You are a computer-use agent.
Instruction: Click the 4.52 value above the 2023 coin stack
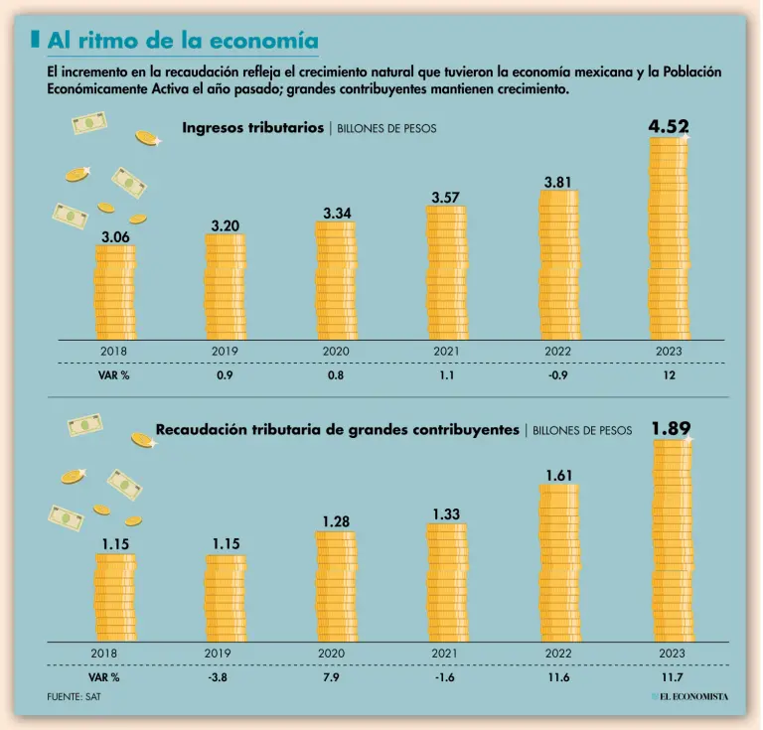[668, 126]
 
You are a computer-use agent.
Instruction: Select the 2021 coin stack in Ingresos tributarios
[446, 273]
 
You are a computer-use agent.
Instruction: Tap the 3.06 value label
[115, 237]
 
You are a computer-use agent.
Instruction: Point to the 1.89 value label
[671, 428]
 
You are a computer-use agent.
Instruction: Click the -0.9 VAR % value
[558, 376]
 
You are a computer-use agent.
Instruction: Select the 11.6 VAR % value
[558, 677]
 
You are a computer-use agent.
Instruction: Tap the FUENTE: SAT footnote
[74, 696]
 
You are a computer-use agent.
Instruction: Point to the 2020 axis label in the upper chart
[336, 351]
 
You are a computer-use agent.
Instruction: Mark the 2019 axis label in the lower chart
[219, 653]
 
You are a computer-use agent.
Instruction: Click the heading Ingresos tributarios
[252, 127]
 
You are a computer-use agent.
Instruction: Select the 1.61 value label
[558, 475]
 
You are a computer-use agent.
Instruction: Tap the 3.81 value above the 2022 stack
[558, 182]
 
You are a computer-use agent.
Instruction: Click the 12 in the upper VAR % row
[668, 376]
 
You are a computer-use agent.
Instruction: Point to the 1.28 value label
[335, 520]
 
